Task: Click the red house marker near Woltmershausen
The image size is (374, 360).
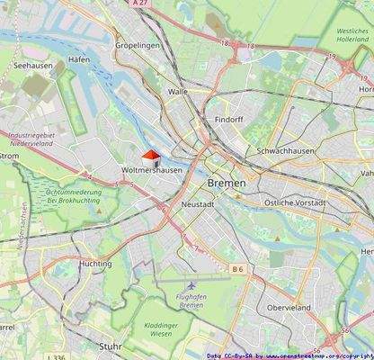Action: pos(151,157)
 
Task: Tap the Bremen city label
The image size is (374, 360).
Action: pos(226,183)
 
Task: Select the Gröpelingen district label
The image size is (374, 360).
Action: pos(138,44)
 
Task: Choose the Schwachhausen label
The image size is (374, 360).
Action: pos(285,150)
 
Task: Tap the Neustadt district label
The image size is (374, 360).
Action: pos(196,204)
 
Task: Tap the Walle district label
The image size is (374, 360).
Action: pos(178,91)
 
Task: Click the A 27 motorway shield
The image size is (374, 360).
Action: pos(138,4)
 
